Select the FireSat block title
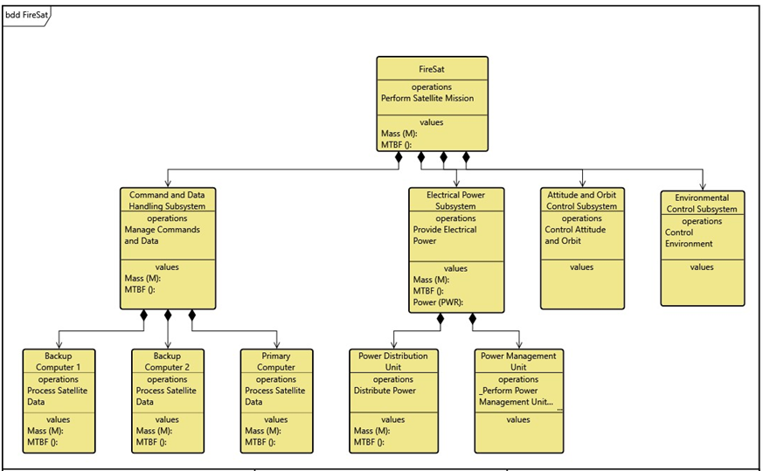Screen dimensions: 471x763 click(x=432, y=68)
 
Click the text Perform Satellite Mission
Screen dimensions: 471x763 click(x=427, y=99)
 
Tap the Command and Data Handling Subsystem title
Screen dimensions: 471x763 click(x=167, y=200)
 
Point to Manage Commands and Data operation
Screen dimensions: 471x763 click(x=162, y=235)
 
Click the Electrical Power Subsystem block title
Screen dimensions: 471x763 click(x=455, y=200)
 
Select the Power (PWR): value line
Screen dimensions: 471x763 click(x=438, y=302)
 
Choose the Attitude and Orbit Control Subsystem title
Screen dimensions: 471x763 click(x=582, y=200)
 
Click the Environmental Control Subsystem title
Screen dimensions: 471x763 click(x=702, y=204)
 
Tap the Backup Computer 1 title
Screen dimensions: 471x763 click(x=59, y=362)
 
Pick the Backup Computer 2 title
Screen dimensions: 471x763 click(x=168, y=362)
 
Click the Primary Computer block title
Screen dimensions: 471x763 click(x=276, y=362)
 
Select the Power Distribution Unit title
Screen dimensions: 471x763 click(x=393, y=362)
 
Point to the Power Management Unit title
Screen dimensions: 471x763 click(x=518, y=362)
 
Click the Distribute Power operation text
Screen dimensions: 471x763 click(x=385, y=391)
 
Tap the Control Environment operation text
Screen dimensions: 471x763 click(x=689, y=239)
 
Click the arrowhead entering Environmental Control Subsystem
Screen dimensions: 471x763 click(x=703, y=185)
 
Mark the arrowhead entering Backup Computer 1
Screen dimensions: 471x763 click(x=59, y=343)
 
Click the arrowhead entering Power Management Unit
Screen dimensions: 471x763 click(x=519, y=343)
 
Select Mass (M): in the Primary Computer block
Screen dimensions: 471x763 click(x=262, y=431)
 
